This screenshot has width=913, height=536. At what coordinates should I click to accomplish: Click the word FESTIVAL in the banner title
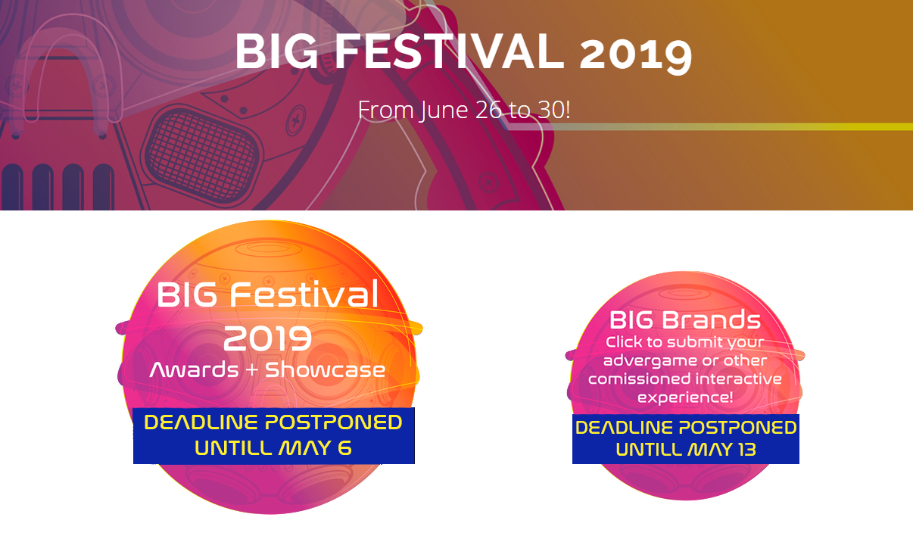click(x=450, y=51)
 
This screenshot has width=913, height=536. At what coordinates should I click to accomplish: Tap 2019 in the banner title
click(x=636, y=55)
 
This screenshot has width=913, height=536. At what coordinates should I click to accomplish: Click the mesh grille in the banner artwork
click(x=203, y=156)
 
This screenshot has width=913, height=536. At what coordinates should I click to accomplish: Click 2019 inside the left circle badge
click(x=267, y=338)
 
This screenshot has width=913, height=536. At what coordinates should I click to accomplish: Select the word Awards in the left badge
click(x=194, y=369)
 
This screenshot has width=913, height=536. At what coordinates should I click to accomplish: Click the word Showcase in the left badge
click(x=326, y=369)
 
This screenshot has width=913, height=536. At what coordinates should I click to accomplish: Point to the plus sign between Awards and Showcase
click(x=252, y=370)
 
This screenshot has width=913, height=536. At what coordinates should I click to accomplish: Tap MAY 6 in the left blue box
click(x=315, y=448)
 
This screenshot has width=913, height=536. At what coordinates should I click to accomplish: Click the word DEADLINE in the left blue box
click(x=202, y=422)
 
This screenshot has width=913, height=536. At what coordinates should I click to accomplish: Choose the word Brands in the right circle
click(x=711, y=320)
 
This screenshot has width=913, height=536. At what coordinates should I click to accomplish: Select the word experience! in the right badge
click(x=684, y=397)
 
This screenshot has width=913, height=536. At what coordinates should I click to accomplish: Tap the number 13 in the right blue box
click(x=746, y=450)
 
